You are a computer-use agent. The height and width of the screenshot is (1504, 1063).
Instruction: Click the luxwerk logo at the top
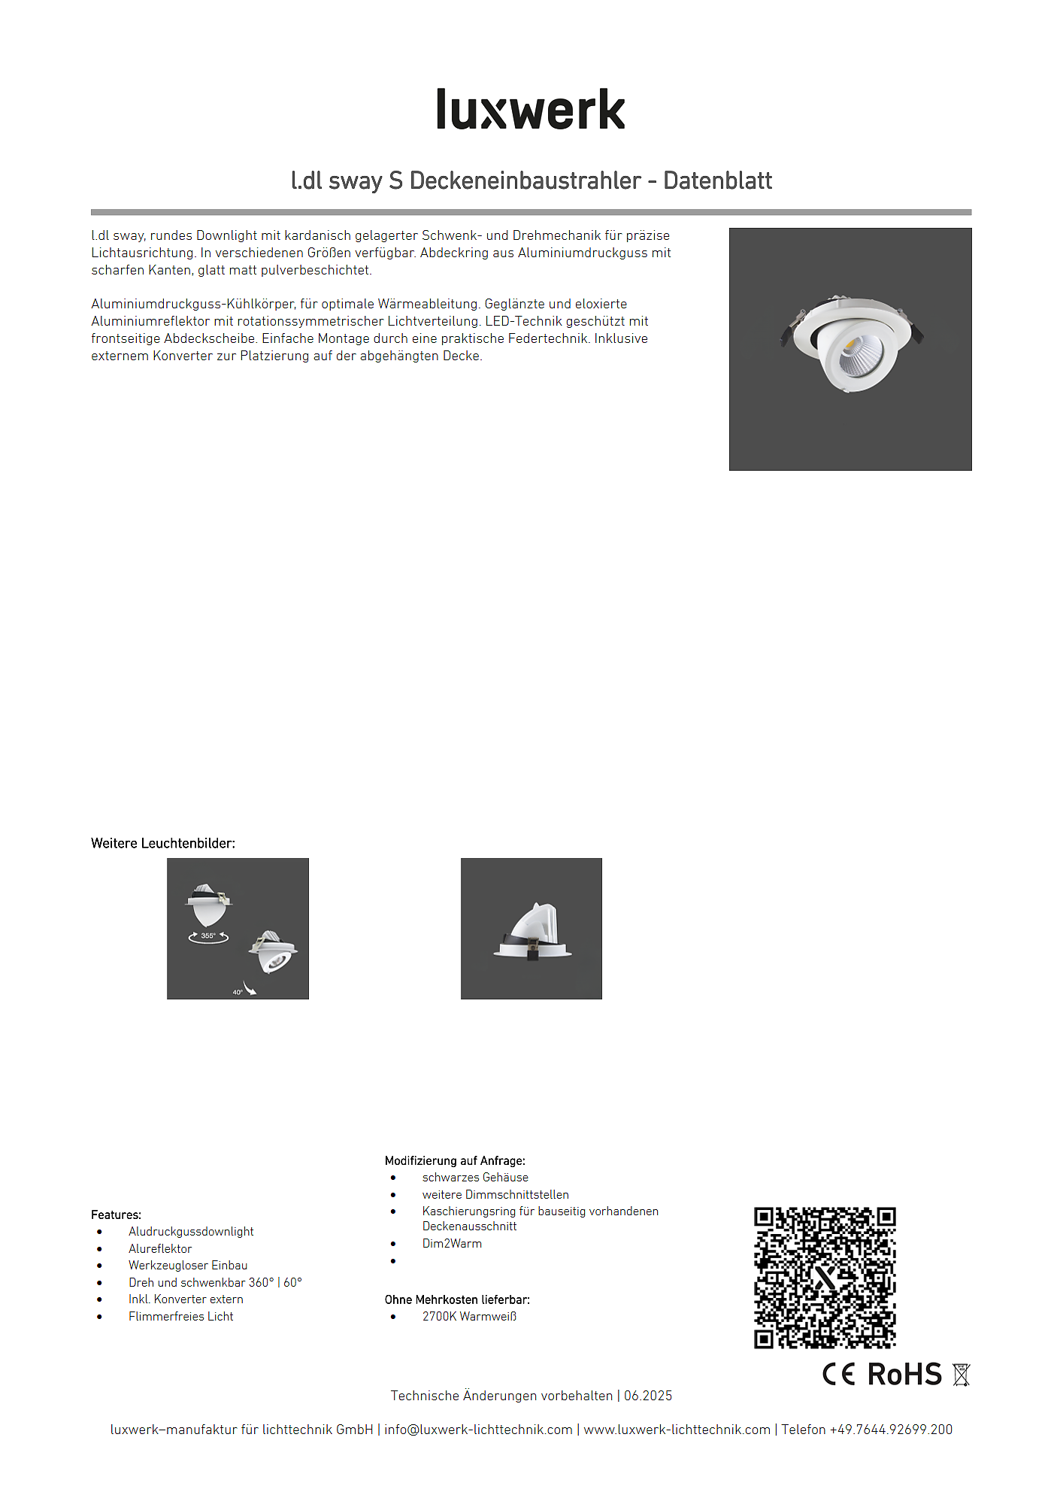point(531,110)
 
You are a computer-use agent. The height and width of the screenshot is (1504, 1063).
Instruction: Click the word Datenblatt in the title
point(717,180)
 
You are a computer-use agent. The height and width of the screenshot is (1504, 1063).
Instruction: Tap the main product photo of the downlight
point(850,349)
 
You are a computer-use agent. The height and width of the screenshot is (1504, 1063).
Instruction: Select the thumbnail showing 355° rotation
point(238,928)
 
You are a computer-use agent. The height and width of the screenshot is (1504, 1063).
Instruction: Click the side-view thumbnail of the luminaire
point(531,928)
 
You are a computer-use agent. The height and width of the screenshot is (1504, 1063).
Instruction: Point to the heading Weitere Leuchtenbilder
point(163,843)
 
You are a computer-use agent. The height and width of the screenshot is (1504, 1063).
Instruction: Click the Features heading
point(116,1214)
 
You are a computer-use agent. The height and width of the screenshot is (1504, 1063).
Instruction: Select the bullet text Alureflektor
point(160,1248)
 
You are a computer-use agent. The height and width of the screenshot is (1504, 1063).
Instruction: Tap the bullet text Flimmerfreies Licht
point(180,1316)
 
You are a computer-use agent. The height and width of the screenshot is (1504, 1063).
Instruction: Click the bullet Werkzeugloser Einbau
point(188,1265)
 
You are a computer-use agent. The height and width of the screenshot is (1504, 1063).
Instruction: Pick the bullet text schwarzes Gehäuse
point(475,1177)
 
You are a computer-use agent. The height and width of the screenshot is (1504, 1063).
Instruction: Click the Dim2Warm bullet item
point(452,1243)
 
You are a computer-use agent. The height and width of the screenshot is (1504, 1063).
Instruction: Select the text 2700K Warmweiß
point(469,1316)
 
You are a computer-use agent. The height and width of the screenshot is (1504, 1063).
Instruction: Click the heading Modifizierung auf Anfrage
point(455,1160)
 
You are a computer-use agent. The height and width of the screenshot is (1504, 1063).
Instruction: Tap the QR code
point(825,1277)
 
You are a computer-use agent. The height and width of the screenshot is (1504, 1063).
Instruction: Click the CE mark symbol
point(839,1374)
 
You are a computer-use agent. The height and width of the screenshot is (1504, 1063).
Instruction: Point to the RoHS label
point(904,1374)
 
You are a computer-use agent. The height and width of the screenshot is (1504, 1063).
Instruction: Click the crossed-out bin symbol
point(961,1375)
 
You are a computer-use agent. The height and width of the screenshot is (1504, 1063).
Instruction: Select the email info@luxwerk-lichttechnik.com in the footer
point(478,1430)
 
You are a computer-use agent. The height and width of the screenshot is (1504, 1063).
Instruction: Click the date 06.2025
point(648,1396)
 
